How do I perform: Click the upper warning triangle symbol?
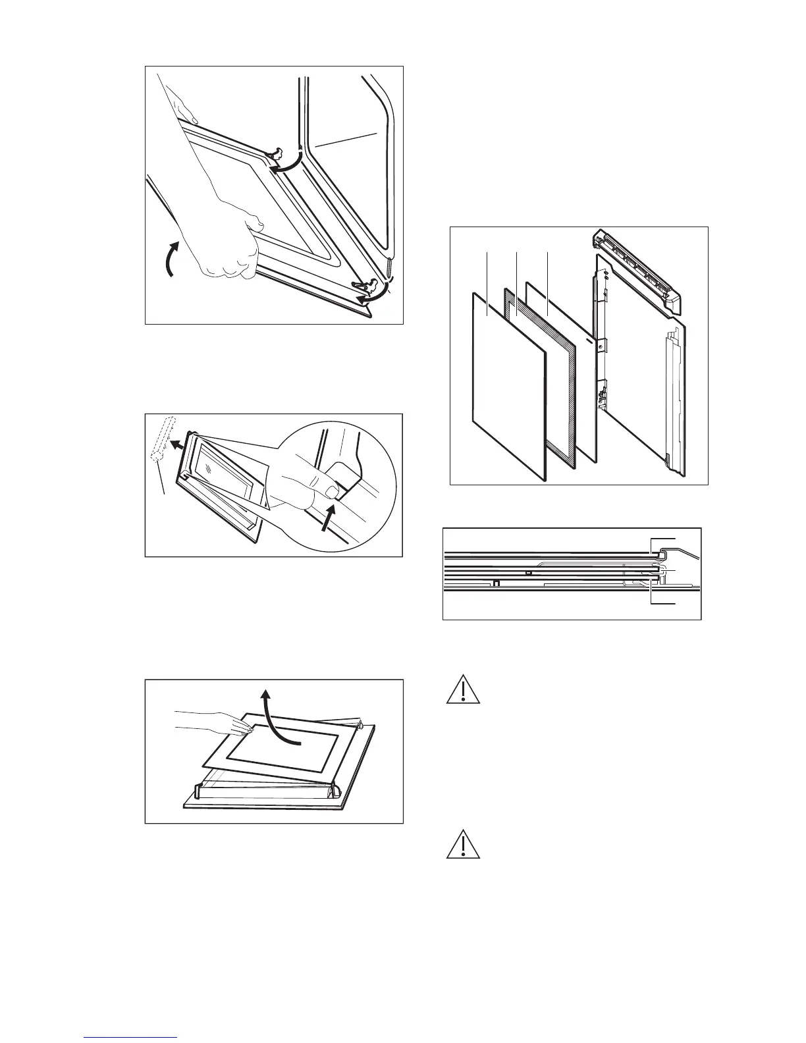463,690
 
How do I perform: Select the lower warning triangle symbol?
463,844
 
